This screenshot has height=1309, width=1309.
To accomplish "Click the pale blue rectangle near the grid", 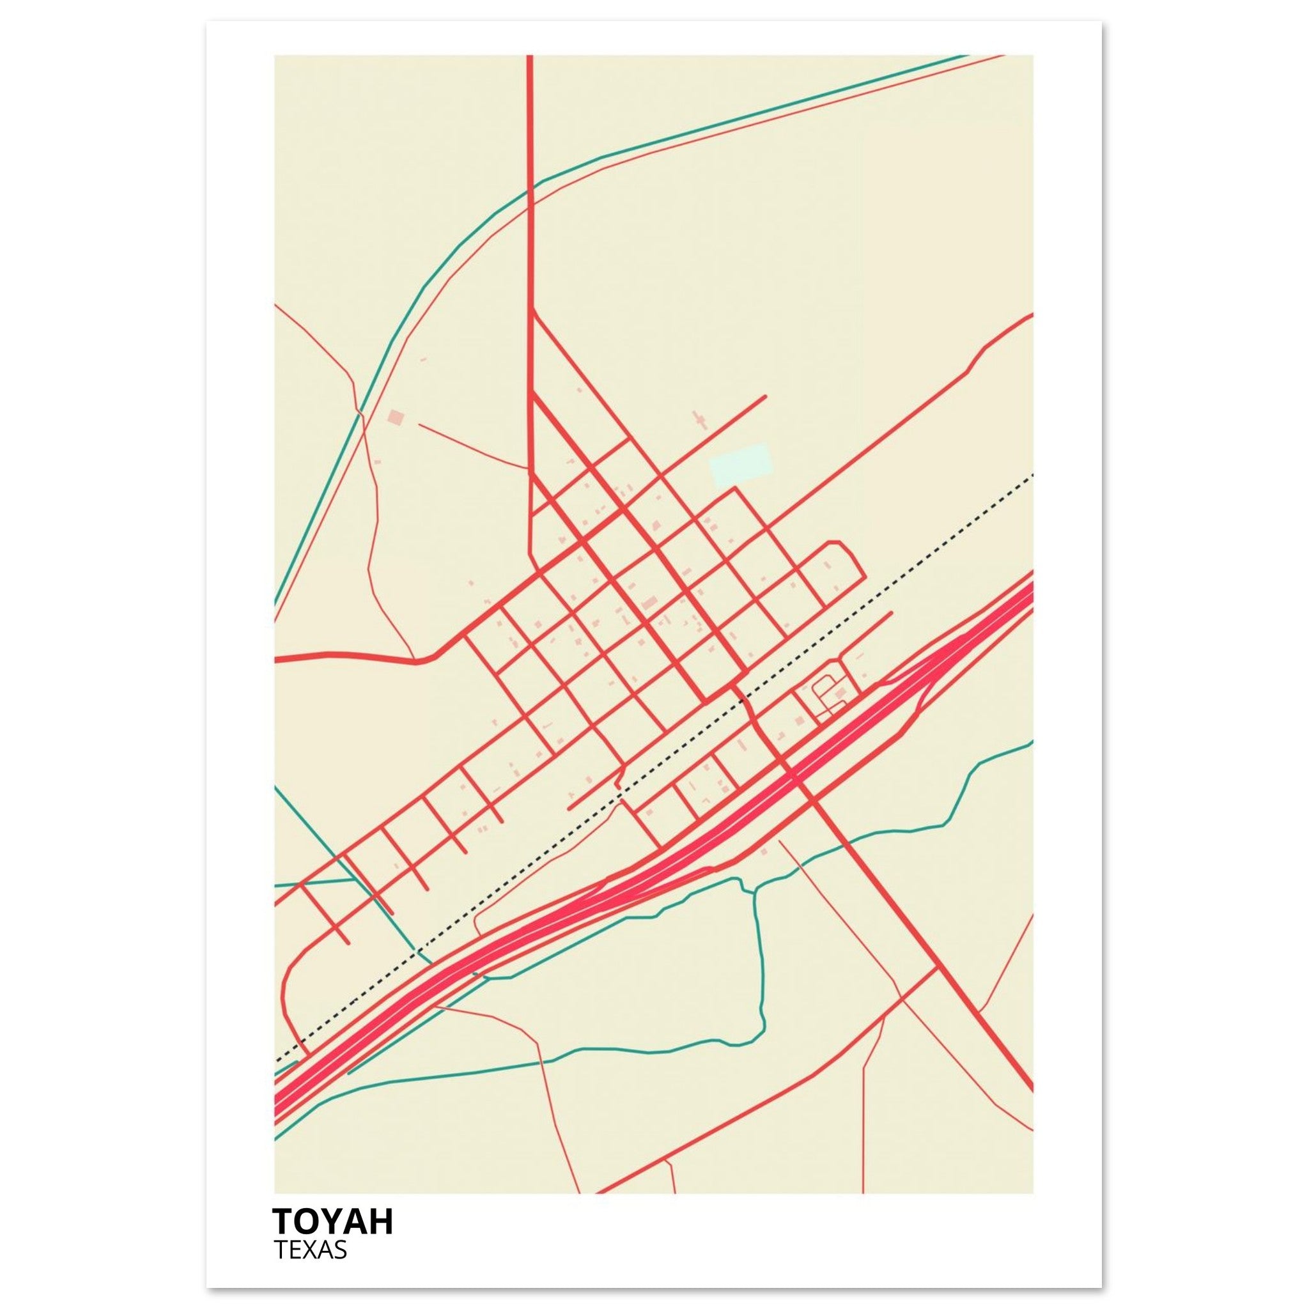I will coord(740,465).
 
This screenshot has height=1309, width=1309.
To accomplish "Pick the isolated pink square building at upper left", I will coord(395,417).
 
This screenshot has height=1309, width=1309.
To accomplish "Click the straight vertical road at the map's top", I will coord(530,136).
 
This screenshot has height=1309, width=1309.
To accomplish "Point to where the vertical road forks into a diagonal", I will coord(533,310).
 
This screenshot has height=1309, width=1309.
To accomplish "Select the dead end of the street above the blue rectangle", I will coord(764,396).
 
